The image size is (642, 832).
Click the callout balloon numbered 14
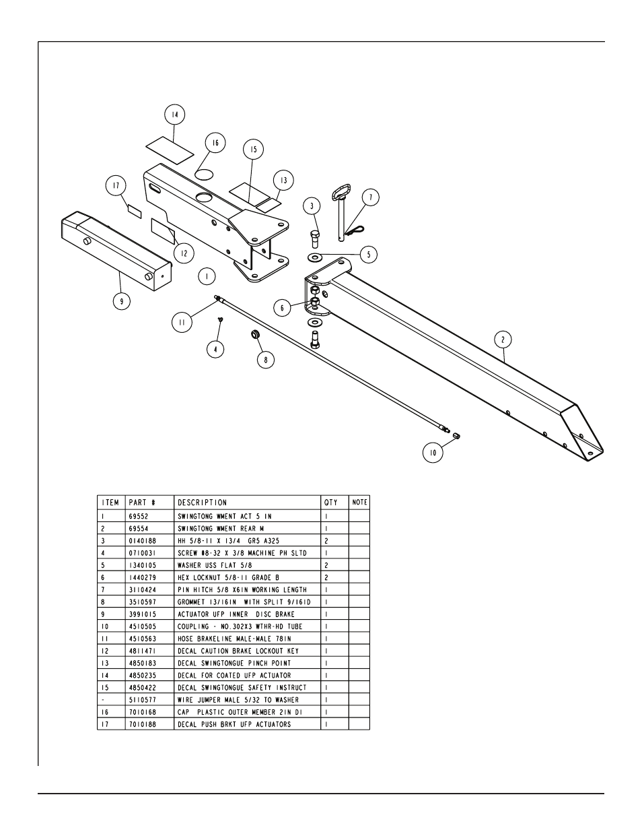[175, 115]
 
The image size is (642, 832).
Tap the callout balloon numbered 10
[433, 453]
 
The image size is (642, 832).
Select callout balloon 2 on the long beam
[503, 340]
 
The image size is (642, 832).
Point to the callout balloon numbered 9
[122, 301]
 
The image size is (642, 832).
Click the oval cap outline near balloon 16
[204, 174]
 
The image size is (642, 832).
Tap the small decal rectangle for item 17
[134, 212]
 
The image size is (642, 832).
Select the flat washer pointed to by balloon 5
[315, 257]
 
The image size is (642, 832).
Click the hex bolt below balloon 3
[315, 239]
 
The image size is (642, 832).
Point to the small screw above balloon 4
[220, 319]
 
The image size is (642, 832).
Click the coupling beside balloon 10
[456, 436]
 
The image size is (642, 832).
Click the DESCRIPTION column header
[203, 503]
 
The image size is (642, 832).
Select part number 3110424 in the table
[143, 589]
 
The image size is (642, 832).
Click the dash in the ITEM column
[103, 700]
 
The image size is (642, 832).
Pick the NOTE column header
[359, 503]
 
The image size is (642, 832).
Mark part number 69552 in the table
[139, 516]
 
